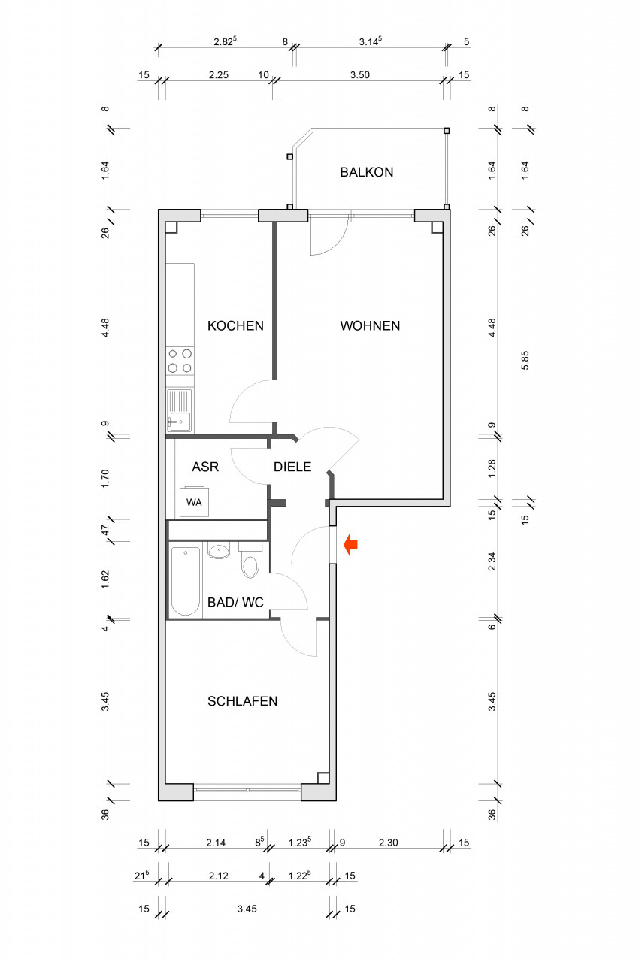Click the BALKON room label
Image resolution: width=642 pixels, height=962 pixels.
click(367, 172)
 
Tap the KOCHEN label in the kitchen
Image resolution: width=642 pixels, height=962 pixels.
click(235, 326)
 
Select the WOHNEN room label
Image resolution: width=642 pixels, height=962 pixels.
click(370, 326)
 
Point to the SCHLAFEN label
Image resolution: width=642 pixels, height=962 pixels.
click(242, 701)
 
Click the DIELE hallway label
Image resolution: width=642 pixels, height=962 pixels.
click(292, 467)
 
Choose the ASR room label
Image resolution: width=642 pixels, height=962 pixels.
click(205, 467)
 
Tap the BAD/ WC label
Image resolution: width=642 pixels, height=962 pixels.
click(235, 603)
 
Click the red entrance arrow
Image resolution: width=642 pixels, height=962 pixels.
click(350, 545)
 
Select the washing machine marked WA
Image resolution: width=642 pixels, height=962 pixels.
click(194, 501)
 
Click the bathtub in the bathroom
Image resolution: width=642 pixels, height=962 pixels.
click(186, 581)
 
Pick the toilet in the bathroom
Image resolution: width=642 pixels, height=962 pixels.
click(250, 560)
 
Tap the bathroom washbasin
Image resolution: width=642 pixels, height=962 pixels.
click(220, 550)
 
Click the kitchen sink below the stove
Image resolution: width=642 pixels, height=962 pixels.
click(180, 410)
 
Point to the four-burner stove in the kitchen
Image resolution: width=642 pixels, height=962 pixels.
click(180, 361)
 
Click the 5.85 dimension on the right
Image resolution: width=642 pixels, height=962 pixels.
click(525, 361)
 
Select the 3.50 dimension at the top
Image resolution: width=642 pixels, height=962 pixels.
click(359, 75)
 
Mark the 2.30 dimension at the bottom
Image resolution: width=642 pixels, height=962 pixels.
click(388, 843)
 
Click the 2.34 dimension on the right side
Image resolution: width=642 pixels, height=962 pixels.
click(492, 561)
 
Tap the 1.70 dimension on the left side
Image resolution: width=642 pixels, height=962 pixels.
click(105, 478)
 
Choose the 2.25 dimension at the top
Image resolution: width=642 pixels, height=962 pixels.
click(219, 75)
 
